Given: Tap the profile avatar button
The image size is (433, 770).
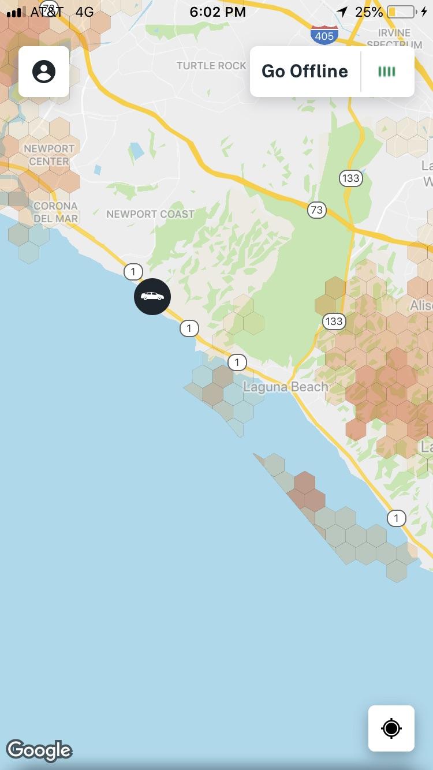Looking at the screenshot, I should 44,72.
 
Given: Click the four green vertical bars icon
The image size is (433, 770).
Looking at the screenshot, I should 387,72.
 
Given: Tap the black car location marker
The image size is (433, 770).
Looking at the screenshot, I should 152,297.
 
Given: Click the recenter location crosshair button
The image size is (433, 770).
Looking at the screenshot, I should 391,728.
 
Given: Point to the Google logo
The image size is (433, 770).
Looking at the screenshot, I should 39,750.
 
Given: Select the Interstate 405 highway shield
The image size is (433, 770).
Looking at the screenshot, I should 324,35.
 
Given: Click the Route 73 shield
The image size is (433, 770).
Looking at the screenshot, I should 316,210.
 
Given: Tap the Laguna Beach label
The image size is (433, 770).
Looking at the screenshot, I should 285,387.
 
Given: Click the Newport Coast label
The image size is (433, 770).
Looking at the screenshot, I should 150,214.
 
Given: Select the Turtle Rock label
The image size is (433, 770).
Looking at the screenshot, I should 211,66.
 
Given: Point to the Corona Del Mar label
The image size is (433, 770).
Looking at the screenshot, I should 55,212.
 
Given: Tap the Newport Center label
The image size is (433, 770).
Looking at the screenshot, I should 49,155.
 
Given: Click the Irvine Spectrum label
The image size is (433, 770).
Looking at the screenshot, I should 395,38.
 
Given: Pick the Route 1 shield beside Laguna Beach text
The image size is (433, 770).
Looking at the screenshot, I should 237,362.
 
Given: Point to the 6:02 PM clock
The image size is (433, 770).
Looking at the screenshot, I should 217,12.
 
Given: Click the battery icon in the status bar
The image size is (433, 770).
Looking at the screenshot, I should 401,12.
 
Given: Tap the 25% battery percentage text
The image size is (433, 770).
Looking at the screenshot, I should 369,12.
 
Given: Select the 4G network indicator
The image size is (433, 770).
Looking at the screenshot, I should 84,12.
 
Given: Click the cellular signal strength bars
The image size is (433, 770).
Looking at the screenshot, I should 14,12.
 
